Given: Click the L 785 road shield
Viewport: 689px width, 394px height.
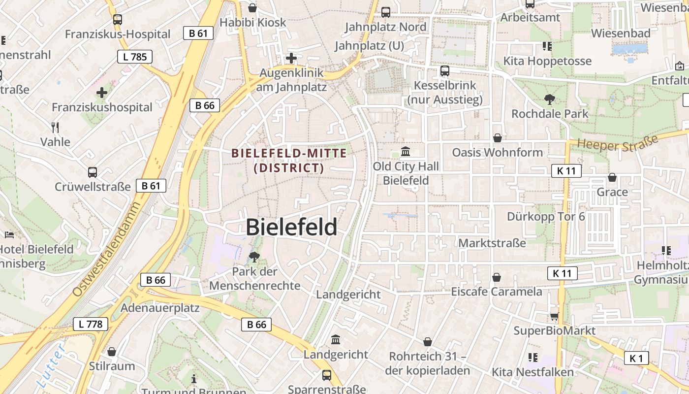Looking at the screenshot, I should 135,57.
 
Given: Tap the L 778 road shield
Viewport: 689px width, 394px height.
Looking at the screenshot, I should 91,324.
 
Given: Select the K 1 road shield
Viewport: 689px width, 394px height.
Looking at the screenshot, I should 636,358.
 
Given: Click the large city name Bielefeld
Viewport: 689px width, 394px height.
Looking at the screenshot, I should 291,227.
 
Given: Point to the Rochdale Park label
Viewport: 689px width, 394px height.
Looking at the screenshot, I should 550,114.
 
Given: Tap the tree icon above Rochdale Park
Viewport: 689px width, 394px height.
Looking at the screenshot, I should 549,99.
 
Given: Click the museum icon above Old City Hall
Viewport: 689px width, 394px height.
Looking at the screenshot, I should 406,151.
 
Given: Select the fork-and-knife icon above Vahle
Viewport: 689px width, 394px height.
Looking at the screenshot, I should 55,128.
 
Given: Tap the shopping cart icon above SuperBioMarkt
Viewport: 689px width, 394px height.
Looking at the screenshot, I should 554,316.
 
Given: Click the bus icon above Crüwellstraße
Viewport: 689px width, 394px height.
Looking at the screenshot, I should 93,172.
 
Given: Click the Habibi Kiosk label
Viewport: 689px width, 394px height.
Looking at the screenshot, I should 252,22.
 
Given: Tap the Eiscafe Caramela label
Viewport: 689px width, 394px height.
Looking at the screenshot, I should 497,292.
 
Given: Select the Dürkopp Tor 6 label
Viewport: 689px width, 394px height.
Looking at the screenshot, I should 546,216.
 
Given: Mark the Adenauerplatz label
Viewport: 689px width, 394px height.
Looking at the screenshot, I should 160,308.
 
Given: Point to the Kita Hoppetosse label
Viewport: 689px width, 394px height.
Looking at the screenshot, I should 547,61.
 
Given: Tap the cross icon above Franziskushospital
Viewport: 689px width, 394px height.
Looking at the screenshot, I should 102,93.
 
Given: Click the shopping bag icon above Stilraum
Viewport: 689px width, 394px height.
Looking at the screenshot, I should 112,352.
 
